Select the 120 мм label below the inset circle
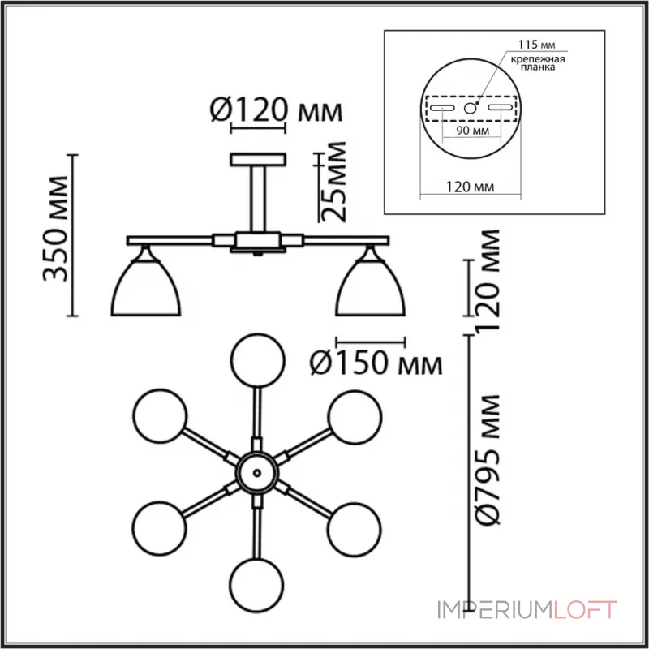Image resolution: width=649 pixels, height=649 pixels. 463,187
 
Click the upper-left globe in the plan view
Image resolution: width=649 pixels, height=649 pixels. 160,415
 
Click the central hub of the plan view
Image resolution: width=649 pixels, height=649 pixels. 256,471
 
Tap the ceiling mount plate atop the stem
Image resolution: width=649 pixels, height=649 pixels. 258,158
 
